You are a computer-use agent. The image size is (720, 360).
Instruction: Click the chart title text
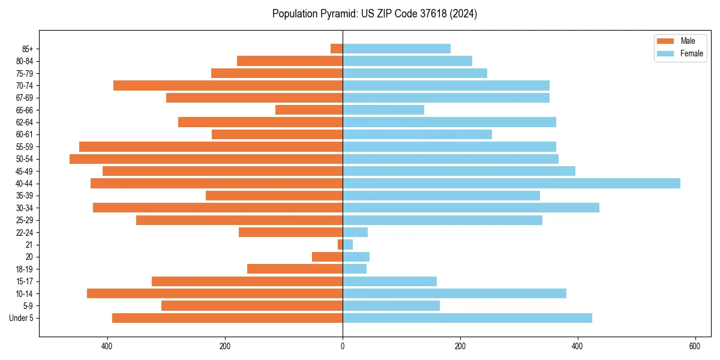(x=374, y=14)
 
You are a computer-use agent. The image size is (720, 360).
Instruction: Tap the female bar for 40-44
(x=511, y=184)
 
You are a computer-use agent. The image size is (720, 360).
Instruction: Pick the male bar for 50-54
(x=206, y=159)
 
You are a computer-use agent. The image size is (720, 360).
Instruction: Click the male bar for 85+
(x=337, y=49)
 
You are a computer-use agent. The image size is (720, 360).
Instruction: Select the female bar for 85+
(x=397, y=49)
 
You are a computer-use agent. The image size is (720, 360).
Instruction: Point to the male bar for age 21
(x=340, y=245)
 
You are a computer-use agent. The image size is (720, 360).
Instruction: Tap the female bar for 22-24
(x=355, y=232)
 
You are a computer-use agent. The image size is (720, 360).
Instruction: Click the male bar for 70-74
(x=228, y=86)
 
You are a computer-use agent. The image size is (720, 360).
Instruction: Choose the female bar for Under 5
(x=467, y=318)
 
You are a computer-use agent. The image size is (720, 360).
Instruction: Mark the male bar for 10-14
(x=215, y=293)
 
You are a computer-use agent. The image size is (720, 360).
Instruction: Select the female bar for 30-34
(x=471, y=208)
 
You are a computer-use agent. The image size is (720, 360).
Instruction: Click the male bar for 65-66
(x=309, y=110)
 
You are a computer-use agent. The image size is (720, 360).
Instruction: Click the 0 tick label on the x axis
(x=343, y=346)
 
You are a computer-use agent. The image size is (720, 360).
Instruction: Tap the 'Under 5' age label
(x=21, y=318)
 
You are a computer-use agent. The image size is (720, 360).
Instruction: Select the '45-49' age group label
(x=24, y=172)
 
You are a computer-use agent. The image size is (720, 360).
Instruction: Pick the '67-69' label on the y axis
(x=24, y=98)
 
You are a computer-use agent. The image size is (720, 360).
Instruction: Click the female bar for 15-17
(x=389, y=281)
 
